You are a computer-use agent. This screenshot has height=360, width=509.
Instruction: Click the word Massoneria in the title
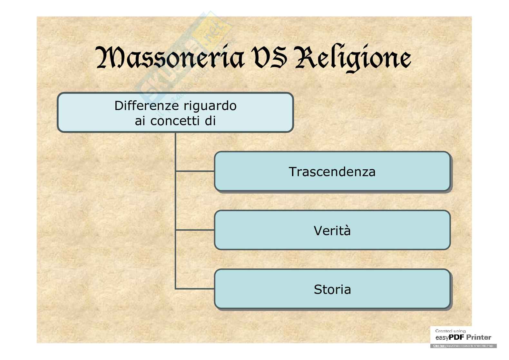point(170,58)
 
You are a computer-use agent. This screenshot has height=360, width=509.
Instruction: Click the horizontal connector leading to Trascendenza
point(195,171)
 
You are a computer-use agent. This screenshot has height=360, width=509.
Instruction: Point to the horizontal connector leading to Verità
point(195,230)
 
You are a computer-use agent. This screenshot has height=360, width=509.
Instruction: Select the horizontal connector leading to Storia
point(195,289)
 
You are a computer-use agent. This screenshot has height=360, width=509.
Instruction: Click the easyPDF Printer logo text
point(463,338)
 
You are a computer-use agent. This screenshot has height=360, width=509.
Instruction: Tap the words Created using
point(450,331)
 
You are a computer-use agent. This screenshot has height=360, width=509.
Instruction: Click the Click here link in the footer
point(439,346)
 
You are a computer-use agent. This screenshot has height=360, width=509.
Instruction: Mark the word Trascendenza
point(332,172)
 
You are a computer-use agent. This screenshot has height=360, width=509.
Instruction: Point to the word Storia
point(332,289)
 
